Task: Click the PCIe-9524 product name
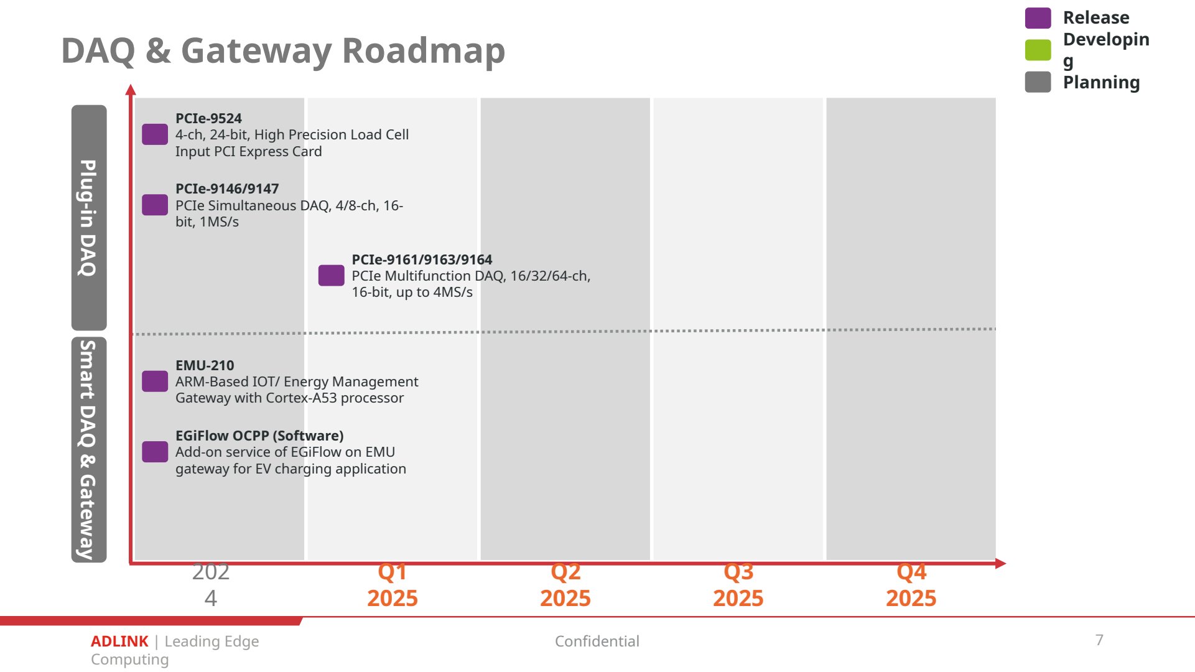point(208,118)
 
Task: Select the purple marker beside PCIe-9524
point(155,134)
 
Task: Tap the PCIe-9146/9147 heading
point(227,189)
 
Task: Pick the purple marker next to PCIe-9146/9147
point(155,205)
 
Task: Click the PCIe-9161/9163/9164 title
point(422,259)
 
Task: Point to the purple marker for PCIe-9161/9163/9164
point(332,276)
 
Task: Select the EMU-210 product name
point(205,365)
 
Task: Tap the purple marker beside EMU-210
point(155,381)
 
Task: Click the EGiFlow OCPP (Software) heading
point(259,436)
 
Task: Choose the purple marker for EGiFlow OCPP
point(155,452)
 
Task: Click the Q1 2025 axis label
point(393,585)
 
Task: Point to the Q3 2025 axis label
point(738,585)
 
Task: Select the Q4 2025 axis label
point(911,585)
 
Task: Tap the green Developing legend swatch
point(1038,50)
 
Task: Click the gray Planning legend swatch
point(1038,82)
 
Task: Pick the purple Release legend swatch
point(1038,18)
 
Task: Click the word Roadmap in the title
point(424,51)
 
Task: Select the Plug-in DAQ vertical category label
point(88,218)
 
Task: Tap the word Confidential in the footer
point(597,642)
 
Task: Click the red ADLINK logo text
point(119,642)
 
